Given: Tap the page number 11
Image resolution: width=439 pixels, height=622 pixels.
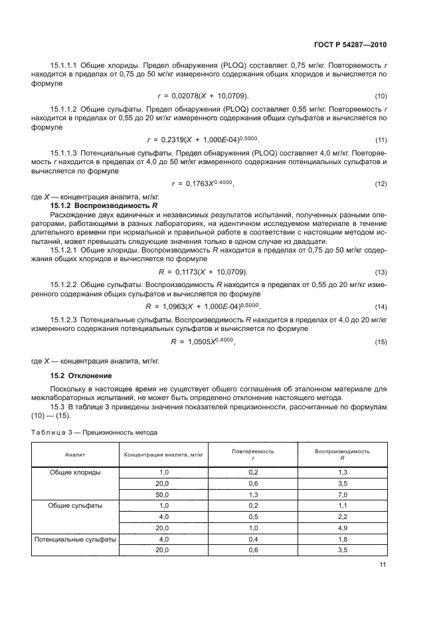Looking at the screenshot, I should pos(383,565).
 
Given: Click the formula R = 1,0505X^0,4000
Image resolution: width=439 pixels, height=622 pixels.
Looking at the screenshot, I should pos(203,341).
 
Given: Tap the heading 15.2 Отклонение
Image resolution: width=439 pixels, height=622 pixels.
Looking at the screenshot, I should pos(77,376).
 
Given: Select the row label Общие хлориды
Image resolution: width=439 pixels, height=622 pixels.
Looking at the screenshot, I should pos(75,472).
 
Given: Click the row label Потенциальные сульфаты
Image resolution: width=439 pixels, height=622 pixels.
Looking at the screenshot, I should pos(75,539).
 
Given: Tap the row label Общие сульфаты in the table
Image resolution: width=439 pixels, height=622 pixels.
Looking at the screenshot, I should pos(75,506).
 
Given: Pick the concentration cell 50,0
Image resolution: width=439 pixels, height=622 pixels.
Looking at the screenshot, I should pos(158,494).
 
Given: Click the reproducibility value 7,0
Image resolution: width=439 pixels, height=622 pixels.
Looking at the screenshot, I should pos(342,494).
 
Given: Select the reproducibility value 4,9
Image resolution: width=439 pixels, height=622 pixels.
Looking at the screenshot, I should pos(342,528).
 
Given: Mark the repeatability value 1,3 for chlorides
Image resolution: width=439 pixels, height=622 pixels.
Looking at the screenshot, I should pos(252,494).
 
